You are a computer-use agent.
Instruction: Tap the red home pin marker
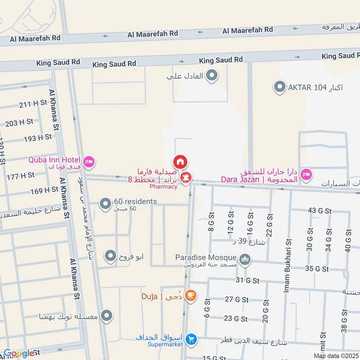180,162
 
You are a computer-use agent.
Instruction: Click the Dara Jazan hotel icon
306,175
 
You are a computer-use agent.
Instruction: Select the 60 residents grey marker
105,205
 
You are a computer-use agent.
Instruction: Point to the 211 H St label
33,105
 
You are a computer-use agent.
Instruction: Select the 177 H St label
21,175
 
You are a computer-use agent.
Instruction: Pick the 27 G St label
237,299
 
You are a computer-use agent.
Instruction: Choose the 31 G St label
247,280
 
